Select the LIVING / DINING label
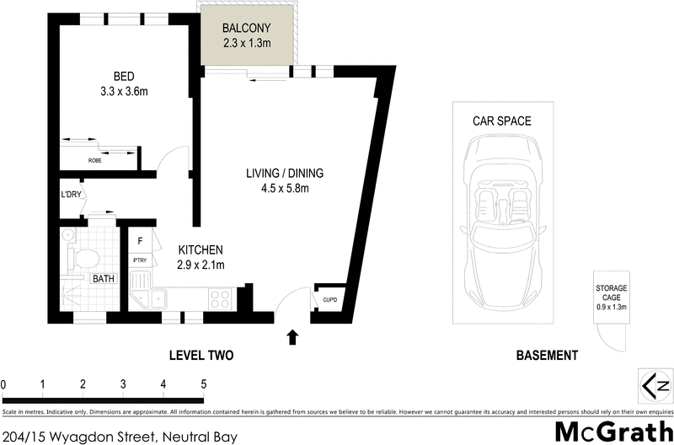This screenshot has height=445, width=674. point(285,174)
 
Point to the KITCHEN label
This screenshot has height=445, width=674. point(200,250)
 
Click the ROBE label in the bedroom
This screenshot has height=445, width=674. point(95,160)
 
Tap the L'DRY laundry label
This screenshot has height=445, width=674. point(71,196)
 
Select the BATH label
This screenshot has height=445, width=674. point(104,278)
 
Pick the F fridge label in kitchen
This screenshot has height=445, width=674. point(140,240)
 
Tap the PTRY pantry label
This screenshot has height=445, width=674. point(141,260)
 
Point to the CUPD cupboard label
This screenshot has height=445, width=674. point(329,298)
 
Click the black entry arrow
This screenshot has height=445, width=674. point(292,337)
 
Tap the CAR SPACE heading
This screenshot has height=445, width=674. point(501,121)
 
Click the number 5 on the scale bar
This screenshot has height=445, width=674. point(203,384)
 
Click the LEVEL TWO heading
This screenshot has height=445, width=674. point(201,356)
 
